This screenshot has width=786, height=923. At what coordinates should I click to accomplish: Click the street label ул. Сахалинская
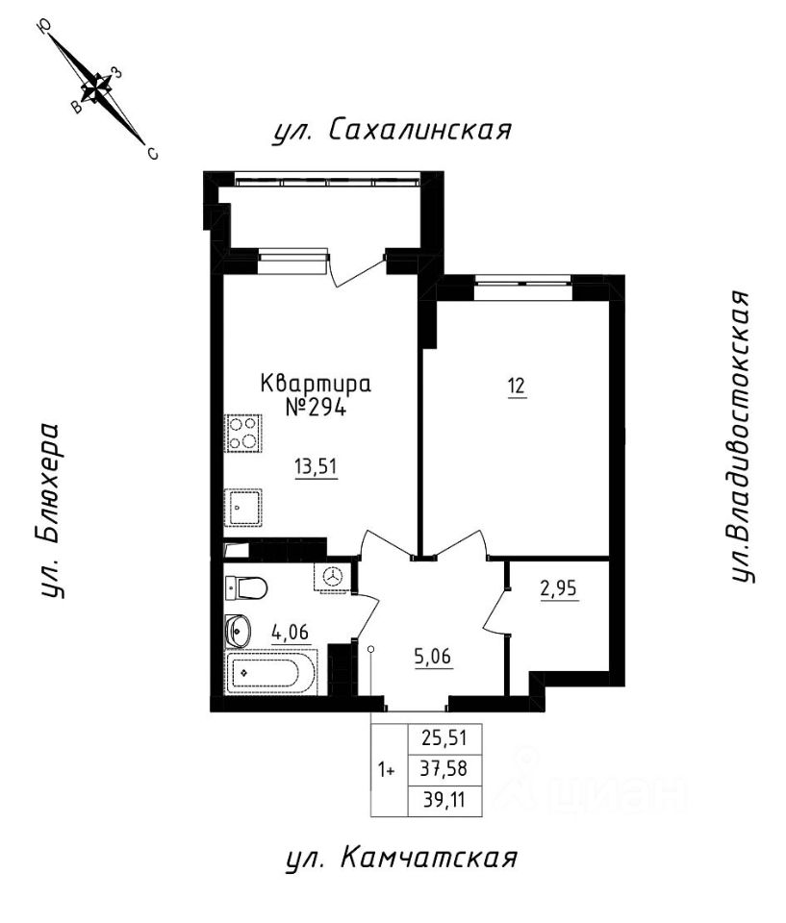pyautogui.click(x=389, y=131)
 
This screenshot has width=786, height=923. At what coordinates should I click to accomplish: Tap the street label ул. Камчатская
pyautogui.click(x=401, y=858)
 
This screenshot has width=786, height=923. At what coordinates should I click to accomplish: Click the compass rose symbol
pyautogui.click(x=96, y=89)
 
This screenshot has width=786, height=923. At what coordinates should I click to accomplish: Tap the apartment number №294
pyautogui.click(x=315, y=407)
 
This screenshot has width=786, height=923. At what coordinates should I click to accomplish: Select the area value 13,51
pyautogui.click(x=315, y=468)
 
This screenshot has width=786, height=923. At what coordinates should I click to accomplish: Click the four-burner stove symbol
pyautogui.click(x=242, y=433)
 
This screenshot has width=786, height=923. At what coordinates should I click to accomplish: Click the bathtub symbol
pyautogui.click(x=270, y=672)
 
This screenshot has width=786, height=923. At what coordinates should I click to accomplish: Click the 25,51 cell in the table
pyautogui.click(x=444, y=738)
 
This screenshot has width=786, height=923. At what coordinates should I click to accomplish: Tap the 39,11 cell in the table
pyautogui.click(x=444, y=800)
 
